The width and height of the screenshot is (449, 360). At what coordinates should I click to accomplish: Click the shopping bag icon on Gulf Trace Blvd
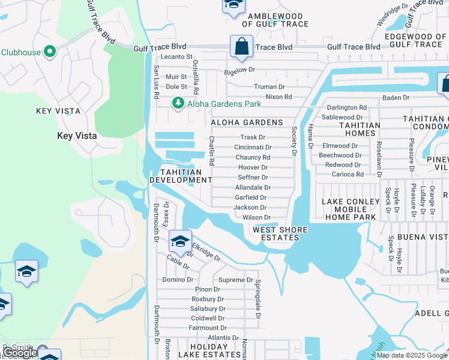click(x=241, y=47)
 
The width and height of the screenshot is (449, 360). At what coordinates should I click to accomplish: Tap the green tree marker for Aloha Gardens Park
click(x=178, y=103)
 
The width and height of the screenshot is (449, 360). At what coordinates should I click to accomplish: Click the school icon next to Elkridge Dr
click(x=179, y=241)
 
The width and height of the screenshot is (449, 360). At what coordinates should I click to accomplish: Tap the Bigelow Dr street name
click(x=240, y=70)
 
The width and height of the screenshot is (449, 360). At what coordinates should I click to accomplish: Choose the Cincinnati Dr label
click(x=253, y=147)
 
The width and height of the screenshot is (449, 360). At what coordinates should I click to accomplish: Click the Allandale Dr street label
click(x=253, y=188)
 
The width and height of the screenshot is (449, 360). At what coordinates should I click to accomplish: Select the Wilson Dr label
click(x=256, y=217)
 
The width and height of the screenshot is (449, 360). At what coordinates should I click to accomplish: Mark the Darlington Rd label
click(x=346, y=107)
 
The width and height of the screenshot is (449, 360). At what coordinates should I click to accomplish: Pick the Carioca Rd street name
click(x=348, y=175)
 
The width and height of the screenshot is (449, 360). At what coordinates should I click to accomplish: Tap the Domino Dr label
click(x=178, y=280)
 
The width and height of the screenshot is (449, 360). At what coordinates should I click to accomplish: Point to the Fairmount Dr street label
click(x=204, y=328)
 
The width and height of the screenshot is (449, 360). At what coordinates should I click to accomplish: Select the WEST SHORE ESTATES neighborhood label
click(x=280, y=234)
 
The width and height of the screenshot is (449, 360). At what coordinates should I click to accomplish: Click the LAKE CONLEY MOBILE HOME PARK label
click(x=351, y=209)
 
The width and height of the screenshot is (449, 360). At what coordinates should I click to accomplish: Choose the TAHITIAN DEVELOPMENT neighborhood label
click(x=180, y=176)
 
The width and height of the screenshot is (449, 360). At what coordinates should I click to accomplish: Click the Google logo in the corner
click(x=20, y=353)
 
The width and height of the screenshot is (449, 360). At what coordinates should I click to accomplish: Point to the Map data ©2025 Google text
click(x=412, y=355)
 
